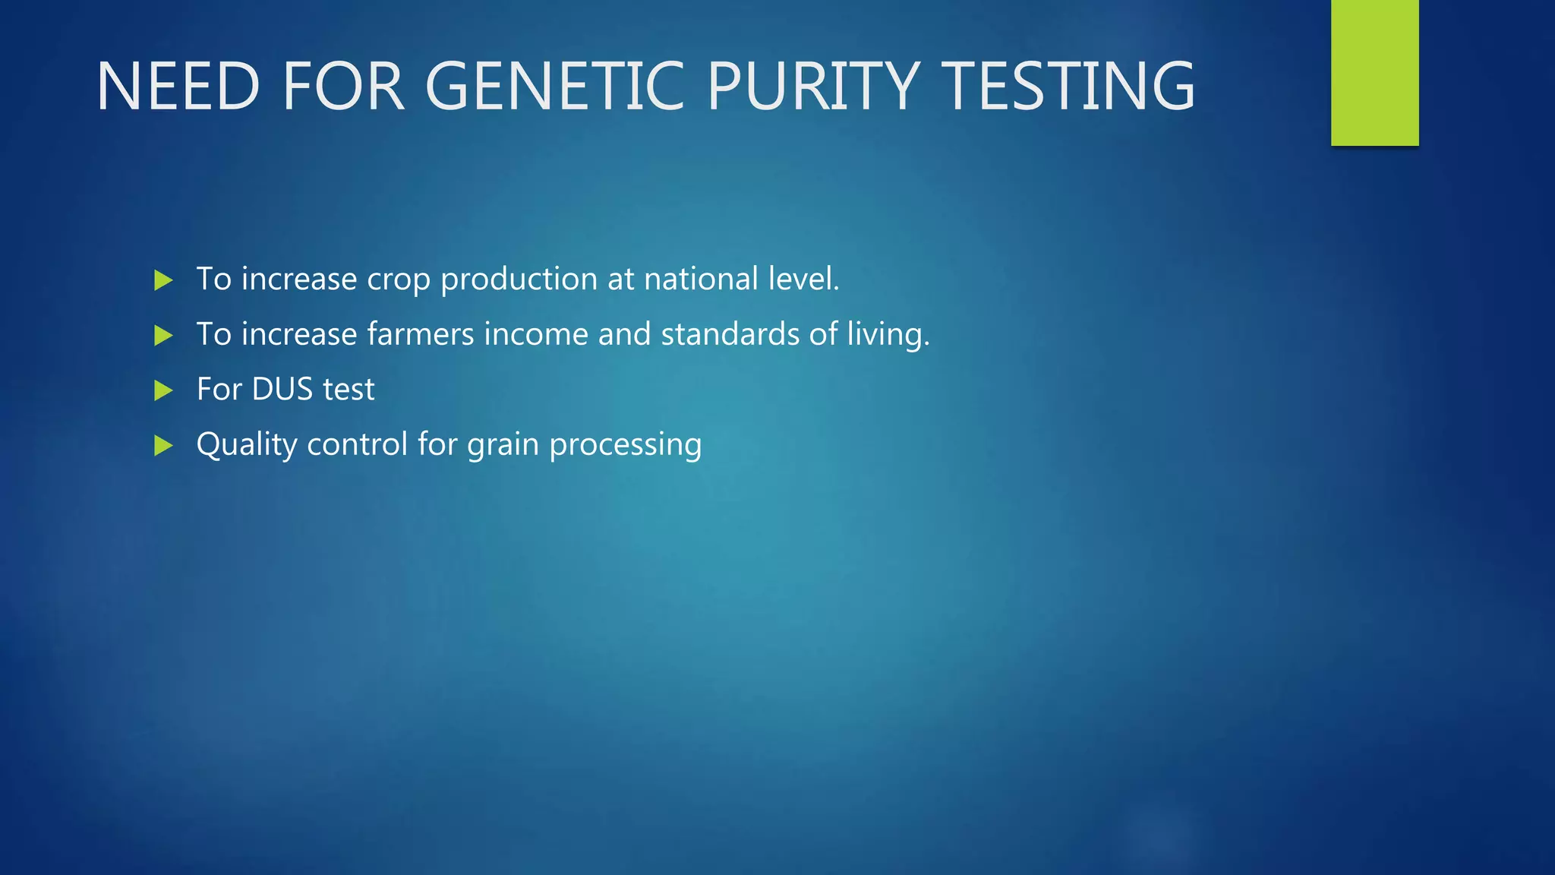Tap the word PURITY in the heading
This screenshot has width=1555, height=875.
(x=813, y=87)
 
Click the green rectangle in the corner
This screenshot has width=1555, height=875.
(x=1374, y=72)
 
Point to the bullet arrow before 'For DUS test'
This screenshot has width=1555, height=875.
(x=163, y=390)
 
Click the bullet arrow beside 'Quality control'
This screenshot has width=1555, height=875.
(x=163, y=445)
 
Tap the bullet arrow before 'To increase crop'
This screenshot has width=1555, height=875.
(x=163, y=280)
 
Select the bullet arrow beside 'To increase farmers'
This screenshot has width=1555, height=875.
(x=163, y=335)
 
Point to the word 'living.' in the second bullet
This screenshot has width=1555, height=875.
(x=888, y=335)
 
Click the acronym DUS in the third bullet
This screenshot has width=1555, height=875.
(x=282, y=389)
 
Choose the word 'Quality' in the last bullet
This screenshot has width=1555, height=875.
(x=246, y=445)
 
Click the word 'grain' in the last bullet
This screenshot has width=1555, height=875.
(x=503, y=445)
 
